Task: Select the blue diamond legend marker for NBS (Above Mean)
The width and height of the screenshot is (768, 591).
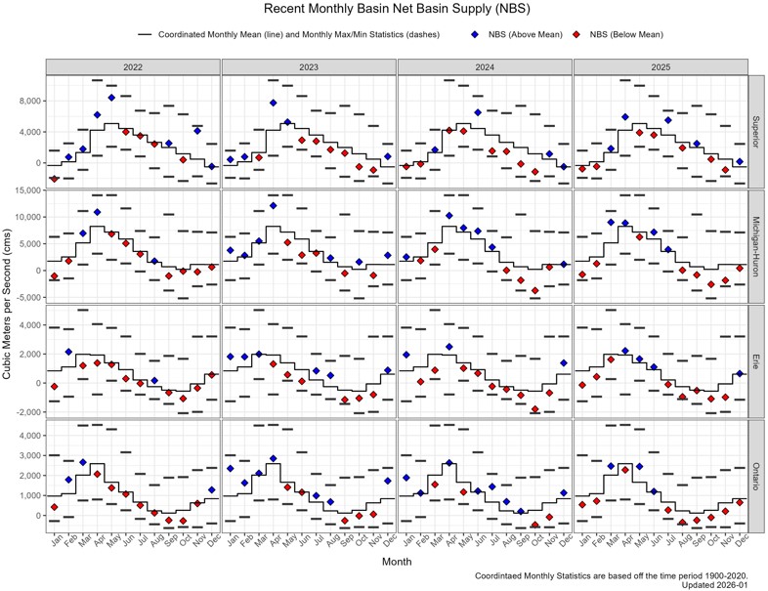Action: [475, 35]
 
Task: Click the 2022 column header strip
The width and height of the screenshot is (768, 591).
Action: [133, 66]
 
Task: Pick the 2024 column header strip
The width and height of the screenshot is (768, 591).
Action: [485, 66]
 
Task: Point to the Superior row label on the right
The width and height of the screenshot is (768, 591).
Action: [756, 129]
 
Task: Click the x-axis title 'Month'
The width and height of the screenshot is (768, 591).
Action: [397, 563]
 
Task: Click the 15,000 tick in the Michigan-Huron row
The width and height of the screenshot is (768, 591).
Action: [25, 190]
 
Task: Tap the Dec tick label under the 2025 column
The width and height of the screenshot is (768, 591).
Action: [740, 540]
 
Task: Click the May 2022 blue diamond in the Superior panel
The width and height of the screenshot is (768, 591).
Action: [111, 98]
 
